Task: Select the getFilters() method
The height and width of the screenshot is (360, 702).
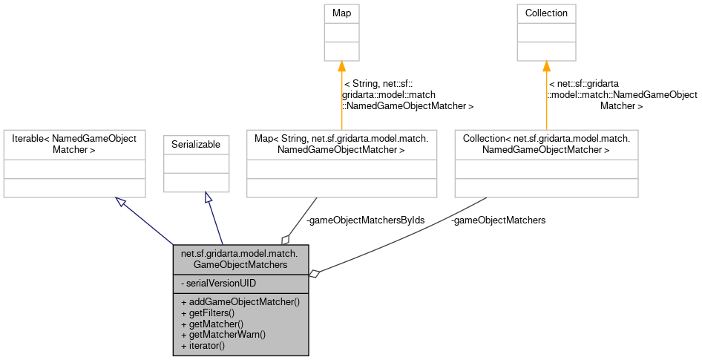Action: tap(207, 313)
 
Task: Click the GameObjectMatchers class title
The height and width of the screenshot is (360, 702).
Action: tap(240, 258)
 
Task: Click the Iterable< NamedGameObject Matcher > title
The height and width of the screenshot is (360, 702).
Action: tap(74, 144)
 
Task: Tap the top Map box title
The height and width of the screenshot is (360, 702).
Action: tap(341, 13)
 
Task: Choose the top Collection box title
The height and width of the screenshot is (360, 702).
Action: tap(546, 13)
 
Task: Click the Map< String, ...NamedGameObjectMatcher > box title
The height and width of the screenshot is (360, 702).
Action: tap(341, 144)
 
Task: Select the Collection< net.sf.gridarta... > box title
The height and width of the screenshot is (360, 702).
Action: tap(546, 144)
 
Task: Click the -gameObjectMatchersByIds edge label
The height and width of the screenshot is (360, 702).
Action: tap(365, 220)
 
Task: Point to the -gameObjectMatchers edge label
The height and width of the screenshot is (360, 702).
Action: tap(498, 220)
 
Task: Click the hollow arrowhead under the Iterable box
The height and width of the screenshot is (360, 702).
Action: tap(121, 201)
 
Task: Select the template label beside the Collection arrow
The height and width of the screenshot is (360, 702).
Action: tap(622, 95)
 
